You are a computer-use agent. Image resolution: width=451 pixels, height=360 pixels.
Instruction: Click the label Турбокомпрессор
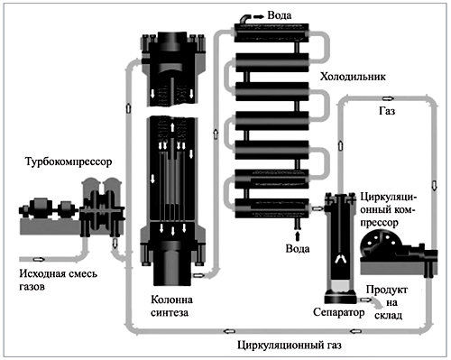coord(69,162)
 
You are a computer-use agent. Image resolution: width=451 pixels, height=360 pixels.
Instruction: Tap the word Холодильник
coord(353,77)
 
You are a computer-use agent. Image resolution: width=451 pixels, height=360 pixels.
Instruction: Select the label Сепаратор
coord(339,312)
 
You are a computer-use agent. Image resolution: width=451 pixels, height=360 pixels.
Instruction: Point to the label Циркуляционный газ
coord(290,345)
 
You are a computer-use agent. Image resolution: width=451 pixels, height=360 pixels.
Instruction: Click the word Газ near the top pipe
coord(387,111)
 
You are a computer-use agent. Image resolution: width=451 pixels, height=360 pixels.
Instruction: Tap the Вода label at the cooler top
coord(280,15)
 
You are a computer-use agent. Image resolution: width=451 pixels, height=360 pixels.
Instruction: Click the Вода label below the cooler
coord(298,249)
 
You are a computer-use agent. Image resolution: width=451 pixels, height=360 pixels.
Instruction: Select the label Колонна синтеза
coord(171,306)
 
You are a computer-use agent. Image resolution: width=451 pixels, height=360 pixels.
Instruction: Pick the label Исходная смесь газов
coord(59,281)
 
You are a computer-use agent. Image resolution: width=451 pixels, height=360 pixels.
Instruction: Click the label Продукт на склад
coord(388,302)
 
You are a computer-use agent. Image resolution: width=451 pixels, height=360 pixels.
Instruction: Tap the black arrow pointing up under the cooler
coord(298,235)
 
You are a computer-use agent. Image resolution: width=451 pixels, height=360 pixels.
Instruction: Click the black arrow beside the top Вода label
coord(258,17)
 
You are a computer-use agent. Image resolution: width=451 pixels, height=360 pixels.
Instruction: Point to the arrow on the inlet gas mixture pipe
coord(39,259)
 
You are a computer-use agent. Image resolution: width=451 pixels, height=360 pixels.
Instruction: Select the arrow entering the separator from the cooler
coord(318,208)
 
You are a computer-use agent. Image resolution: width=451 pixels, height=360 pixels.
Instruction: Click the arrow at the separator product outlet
coord(364,300)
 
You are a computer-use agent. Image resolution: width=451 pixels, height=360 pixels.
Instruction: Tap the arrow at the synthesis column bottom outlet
coord(198,275)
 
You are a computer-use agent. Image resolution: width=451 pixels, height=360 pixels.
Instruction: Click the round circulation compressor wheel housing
coord(378,245)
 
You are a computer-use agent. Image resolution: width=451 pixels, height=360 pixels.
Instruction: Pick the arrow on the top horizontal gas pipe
coord(388,98)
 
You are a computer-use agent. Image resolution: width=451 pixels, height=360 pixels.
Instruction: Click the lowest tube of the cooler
coord(272,208)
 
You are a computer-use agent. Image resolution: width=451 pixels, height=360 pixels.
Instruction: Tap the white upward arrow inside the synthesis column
coord(172,126)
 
